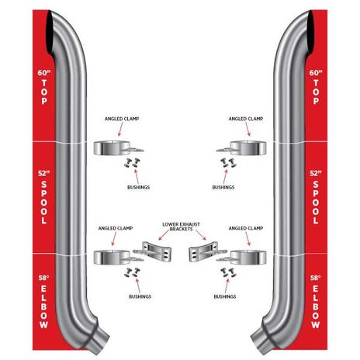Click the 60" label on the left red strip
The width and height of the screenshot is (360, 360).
[44, 73]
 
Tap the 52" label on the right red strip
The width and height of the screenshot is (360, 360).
[316, 173]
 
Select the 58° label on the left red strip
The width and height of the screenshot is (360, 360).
[43, 278]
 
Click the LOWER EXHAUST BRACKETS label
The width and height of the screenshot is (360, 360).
[181, 227]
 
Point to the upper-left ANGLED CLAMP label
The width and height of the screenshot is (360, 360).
[122, 119]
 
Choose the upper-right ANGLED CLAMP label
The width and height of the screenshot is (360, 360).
[246, 119]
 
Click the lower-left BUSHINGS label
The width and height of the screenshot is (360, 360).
[140, 296]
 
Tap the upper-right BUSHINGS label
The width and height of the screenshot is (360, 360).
[223, 187]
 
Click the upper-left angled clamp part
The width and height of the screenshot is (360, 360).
[114, 148]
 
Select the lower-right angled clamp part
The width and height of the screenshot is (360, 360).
[246, 258]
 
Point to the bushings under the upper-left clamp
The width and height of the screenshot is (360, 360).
[131, 163]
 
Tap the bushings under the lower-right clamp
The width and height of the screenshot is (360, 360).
[228, 272]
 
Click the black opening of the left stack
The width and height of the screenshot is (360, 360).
[51, 33]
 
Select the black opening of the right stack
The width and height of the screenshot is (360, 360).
[309, 33]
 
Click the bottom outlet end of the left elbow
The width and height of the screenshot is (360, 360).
[101, 344]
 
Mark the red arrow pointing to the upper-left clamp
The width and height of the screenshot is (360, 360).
[121, 130]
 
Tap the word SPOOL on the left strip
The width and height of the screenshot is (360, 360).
[44, 202]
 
